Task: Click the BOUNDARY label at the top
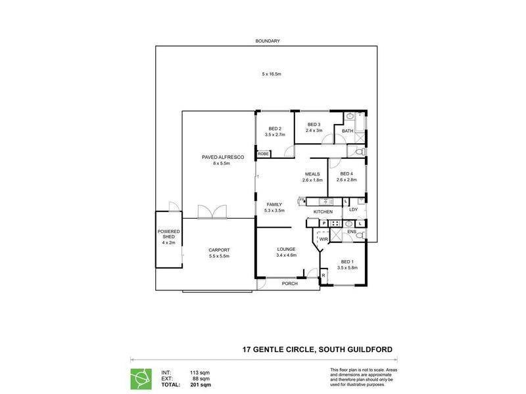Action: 268,41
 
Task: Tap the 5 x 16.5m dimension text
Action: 271,74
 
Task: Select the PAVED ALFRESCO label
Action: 214,158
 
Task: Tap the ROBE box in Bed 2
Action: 263,154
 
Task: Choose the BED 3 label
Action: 314,125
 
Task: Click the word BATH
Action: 347,131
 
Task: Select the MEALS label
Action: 312,174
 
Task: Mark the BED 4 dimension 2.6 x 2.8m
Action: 347,179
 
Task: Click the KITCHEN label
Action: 322,212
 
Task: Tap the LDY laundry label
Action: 353,209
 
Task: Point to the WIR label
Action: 323,240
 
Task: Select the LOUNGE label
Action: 286,249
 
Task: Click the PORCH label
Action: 289,284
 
